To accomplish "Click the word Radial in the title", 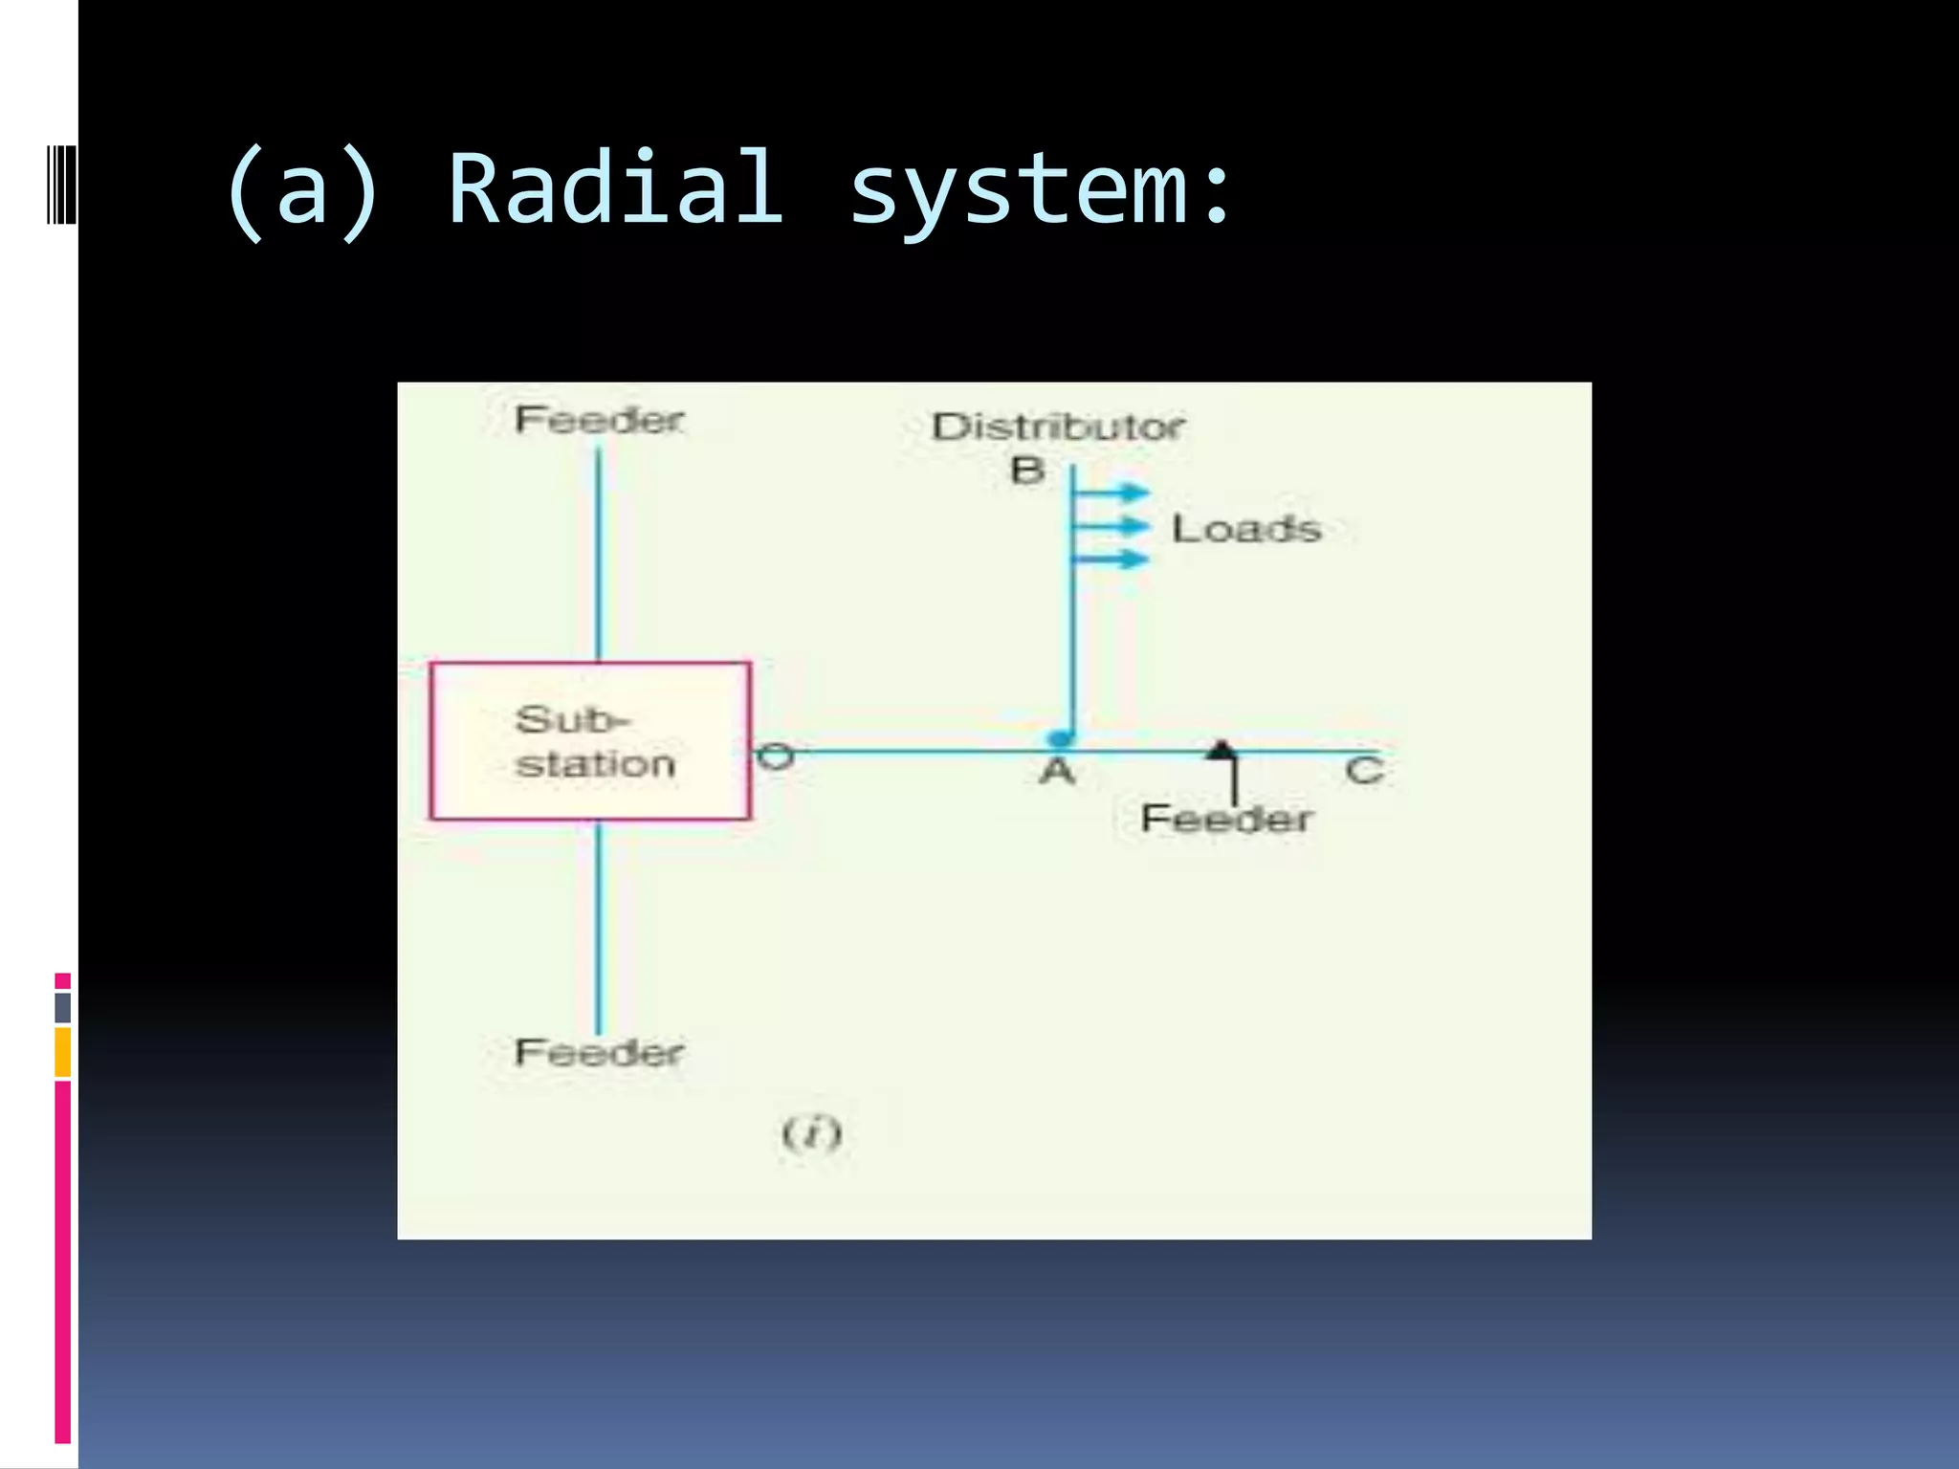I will (x=615, y=190).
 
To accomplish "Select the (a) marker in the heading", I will (x=301, y=192).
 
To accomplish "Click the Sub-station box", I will (x=590, y=741).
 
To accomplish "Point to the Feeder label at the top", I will (x=599, y=420).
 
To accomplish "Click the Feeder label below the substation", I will (x=599, y=1053).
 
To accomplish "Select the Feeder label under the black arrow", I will (x=1225, y=820).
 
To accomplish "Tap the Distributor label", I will (x=1058, y=427).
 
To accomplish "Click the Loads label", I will (x=1246, y=529).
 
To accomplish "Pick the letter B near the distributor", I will (x=1027, y=471).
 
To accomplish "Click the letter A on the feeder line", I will (x=1057, y=772).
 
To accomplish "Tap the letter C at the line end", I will (x=1364, y=771).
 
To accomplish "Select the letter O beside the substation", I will (x=775, y=757).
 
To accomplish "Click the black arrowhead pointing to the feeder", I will (x=1222, y=750).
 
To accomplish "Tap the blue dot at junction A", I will (x=1060, y=738).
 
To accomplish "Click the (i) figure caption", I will (x=811, y=1134).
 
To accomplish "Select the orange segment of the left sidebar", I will (x=63, y=1052).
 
